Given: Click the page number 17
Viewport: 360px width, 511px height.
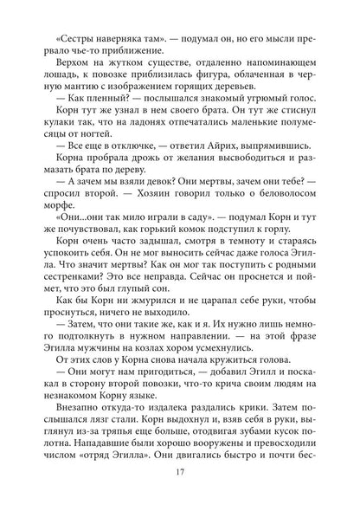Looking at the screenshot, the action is point(179,472).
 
